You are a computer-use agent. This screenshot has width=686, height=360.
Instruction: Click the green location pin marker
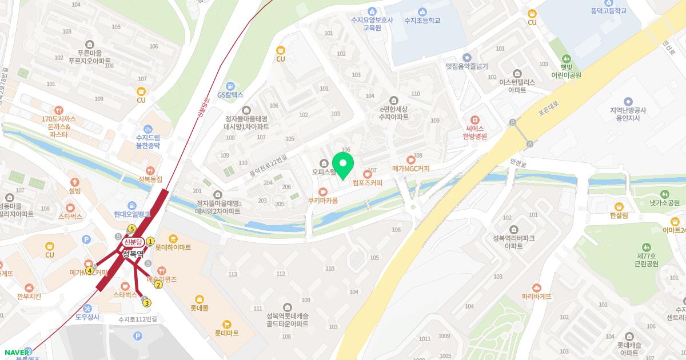pyautogui.click(x=343, y=166)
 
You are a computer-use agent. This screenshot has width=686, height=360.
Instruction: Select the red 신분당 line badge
pyautogui.click(x=132, y=242)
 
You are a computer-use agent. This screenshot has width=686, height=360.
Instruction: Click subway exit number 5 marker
pyautogui.click(x=131, y=229)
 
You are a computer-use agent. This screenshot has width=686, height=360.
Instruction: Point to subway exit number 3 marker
pyautogui.click(x=147, y=303)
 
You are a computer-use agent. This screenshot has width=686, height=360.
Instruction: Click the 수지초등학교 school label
pyautogui.click(x=422, y=20)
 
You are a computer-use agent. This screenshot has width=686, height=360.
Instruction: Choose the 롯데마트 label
pyautogui.click(x=226, y=333)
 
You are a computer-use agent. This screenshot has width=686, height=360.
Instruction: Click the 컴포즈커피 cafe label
pyautogui.click(x=367, y=183)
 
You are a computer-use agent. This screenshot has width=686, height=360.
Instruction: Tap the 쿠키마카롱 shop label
pyautogui.click(x=323, y=200)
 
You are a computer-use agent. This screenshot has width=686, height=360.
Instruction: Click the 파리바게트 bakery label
pyautogui.click(x=536, y=297)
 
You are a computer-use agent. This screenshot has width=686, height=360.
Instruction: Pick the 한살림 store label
pyautogui.click(x=619, y=215)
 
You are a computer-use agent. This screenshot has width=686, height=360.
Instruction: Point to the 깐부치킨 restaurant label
pyautogui.click(x=29, y=297)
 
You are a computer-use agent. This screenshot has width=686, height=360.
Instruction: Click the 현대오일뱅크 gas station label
pyautogui.click(x=132, y=214)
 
